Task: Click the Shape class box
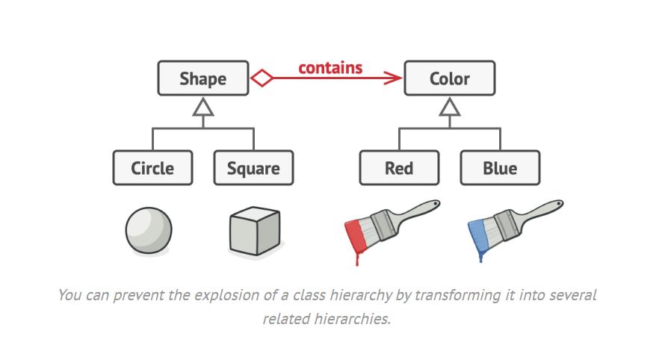(x=202, y=78)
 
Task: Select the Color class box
(x=449, y=78)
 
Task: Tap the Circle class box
(x=152, y=168)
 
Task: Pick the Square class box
(x=253, y=168)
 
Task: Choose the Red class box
(x=399, y=168)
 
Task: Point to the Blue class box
(x=499, y=168)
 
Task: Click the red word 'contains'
(x=330, y=68)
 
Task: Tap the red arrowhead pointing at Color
(x=394, y=78)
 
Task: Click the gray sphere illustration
(x=149, y=230)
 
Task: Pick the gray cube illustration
(x=254, y=231)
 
